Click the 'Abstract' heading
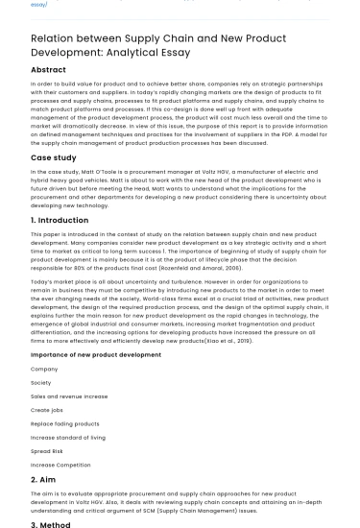48,70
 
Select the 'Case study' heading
54,156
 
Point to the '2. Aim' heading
43,479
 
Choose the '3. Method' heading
51,525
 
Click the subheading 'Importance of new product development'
96,354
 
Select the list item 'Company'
44,369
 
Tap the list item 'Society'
41,382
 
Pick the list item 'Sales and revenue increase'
69,396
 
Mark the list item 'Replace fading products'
65,423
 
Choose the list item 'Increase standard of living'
70,437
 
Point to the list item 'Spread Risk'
47,451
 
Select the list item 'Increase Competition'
60,465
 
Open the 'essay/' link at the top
38,4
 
